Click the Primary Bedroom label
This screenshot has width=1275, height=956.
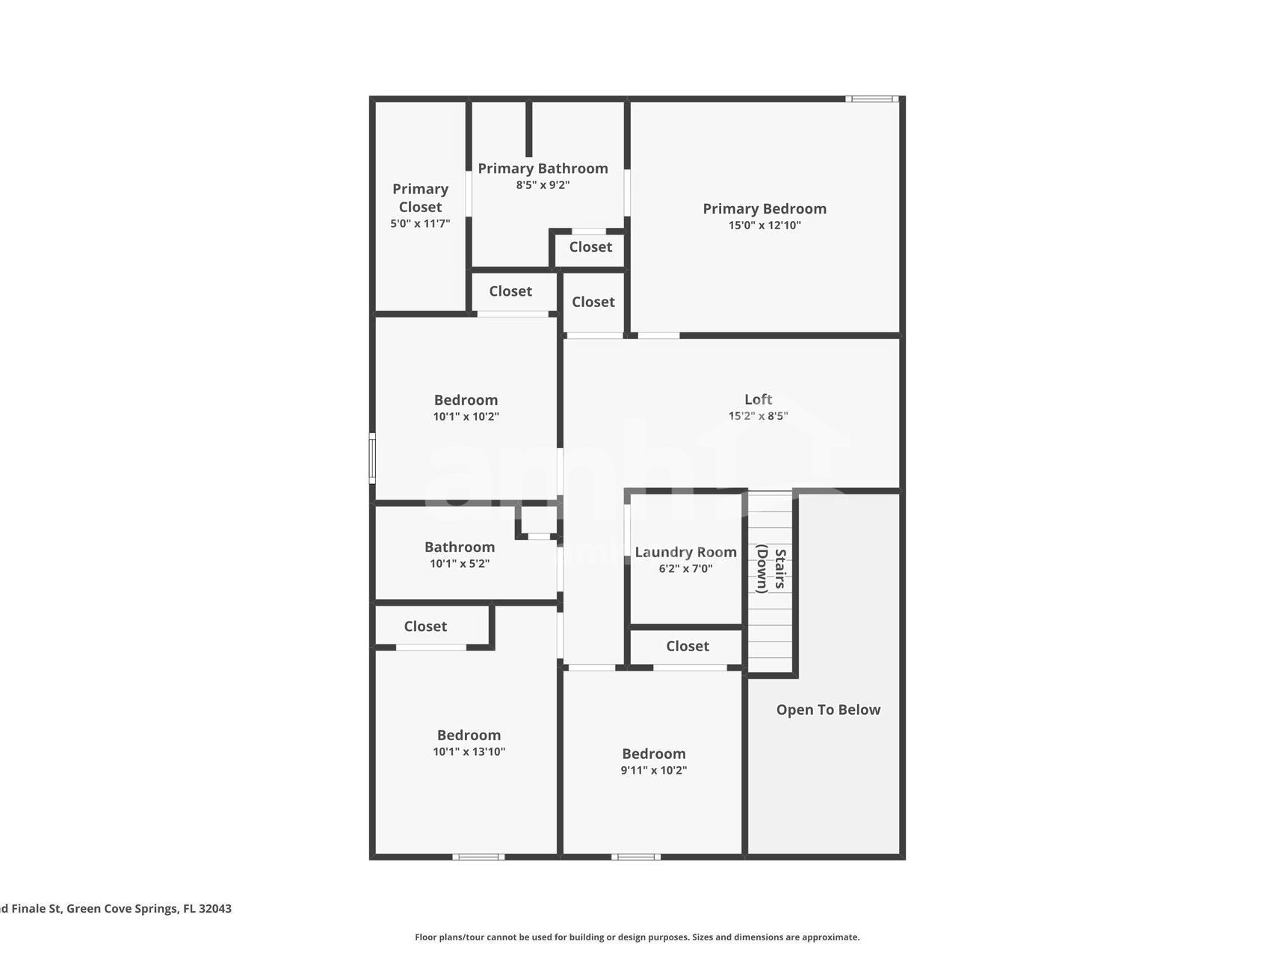(x=764, y=209)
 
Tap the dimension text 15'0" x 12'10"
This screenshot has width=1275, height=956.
(x=764, y=226)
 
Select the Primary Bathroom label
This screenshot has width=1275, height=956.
(x=543, y=169)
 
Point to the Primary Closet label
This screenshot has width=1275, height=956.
(x=420, y=198)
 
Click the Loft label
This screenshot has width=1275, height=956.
(x=758, y=400)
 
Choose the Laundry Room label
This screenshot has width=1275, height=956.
(x=685, y=553)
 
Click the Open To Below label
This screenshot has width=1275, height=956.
(x=828, y=710)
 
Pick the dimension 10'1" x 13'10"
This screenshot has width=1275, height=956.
(x=469, y=752)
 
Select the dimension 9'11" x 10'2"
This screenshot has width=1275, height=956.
(x=653, y=771)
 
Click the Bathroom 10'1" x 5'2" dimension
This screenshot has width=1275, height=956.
(x=459, y=564)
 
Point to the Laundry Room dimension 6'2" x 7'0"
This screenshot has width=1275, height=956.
(x=685, y=569)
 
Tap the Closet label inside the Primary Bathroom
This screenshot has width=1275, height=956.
(x=590, y=247)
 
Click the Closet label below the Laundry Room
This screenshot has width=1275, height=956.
(x=688, y=647)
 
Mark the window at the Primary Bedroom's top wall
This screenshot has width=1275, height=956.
(x=871, y=99)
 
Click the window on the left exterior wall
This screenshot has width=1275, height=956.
(x=372, y=459)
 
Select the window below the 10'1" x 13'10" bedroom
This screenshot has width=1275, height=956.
(x=478, y=857)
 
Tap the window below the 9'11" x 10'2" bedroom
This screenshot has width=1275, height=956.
(x=635, y=857)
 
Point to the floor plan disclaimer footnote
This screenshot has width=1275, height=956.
(x=637, y=937)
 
